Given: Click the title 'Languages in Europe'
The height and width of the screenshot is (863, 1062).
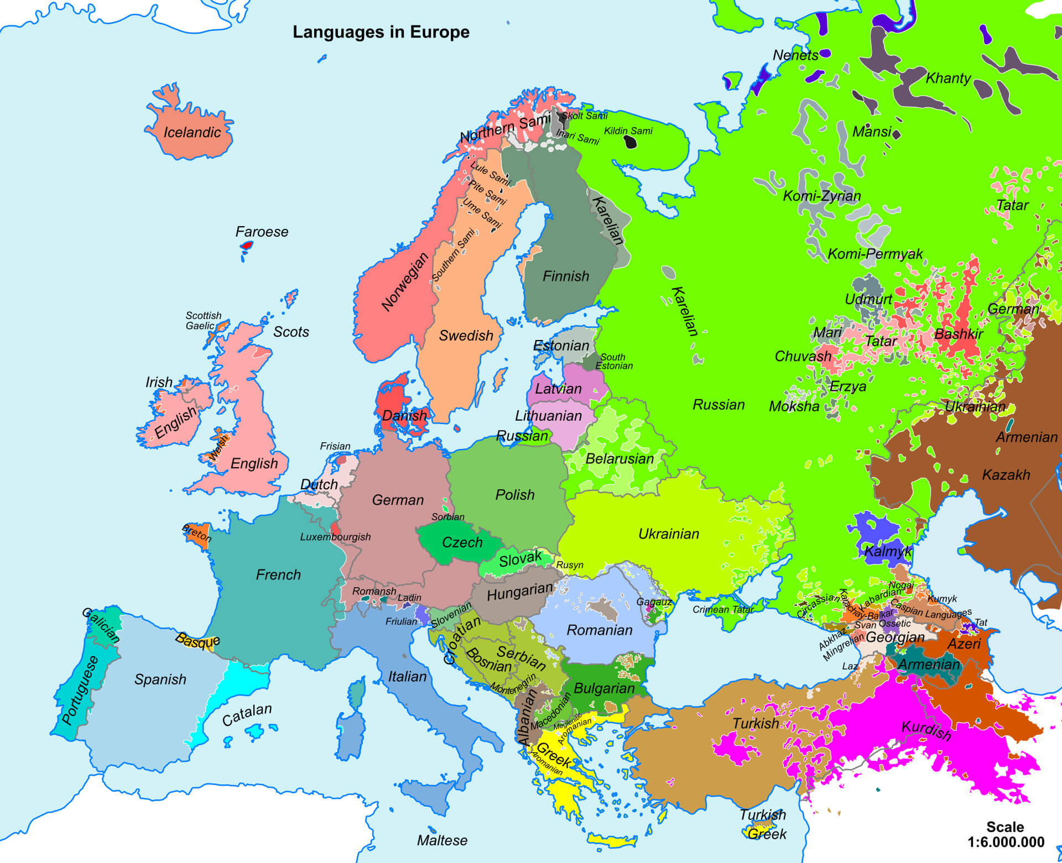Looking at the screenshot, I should tap(381, 32).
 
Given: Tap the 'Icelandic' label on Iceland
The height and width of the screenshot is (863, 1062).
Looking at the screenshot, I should tap(192, 133).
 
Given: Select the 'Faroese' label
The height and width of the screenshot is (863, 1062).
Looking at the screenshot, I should tap(262, 232).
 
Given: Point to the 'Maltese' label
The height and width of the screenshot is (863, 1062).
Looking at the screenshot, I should tap(442, 840).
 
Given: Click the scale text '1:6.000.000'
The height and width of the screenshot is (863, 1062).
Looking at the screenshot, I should tap(1006, 842).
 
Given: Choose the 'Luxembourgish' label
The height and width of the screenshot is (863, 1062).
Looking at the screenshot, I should tap(335, 537).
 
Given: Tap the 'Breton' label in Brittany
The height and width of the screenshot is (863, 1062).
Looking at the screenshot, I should tap(197, 533).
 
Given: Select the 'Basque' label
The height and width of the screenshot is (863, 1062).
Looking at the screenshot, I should tap(197, 640).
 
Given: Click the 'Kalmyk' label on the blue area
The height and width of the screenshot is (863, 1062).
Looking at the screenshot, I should tap(888, 551).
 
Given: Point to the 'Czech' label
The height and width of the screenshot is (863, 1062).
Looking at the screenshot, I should tap(462, 542).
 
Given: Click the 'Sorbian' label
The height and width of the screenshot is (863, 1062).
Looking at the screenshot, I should tap(447, 517).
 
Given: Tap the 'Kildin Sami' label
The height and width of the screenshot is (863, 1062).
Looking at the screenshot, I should tap(628, 131).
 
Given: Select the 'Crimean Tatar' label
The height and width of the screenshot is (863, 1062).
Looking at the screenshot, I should tap(723, 609).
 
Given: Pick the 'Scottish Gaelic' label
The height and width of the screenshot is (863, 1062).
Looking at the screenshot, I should tap(203, 321).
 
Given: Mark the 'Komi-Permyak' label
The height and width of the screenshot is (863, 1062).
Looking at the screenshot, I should tap(875, 254).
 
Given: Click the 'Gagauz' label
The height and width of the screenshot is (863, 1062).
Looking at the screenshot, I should tap(654, 602).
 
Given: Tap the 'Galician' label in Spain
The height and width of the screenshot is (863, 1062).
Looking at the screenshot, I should tap(101, 625).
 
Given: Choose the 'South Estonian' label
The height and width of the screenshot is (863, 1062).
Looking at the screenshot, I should tap(613, 362).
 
